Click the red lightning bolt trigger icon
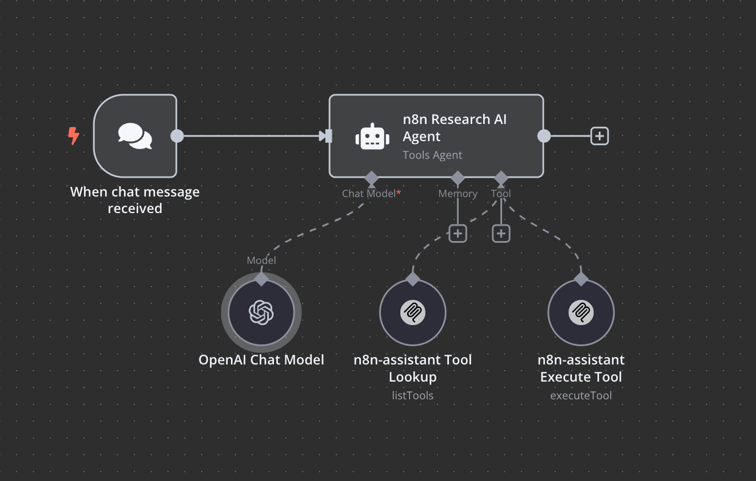click(73, 136)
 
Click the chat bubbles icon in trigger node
click(135, 136)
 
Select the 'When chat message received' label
click(135, 200)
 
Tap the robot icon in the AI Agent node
click(372, 137)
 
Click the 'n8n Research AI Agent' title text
click(455, 128)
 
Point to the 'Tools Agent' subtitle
click(432, 155)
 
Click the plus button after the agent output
click(599, 136)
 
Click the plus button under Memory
click(457, 233)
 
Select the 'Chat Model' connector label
click(369, 194)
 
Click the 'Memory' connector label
click(457, 194)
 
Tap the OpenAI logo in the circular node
click(261, 312)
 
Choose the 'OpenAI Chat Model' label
click(261, 360)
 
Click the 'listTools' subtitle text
click(412, 395)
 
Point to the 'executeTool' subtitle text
click(581, 395)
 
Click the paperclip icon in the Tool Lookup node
click(412, 312)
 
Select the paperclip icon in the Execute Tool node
click(581, 312)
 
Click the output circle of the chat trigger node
click(177, 136)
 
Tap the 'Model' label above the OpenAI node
click(261, 260)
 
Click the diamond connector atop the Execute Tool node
click(581, 279)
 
